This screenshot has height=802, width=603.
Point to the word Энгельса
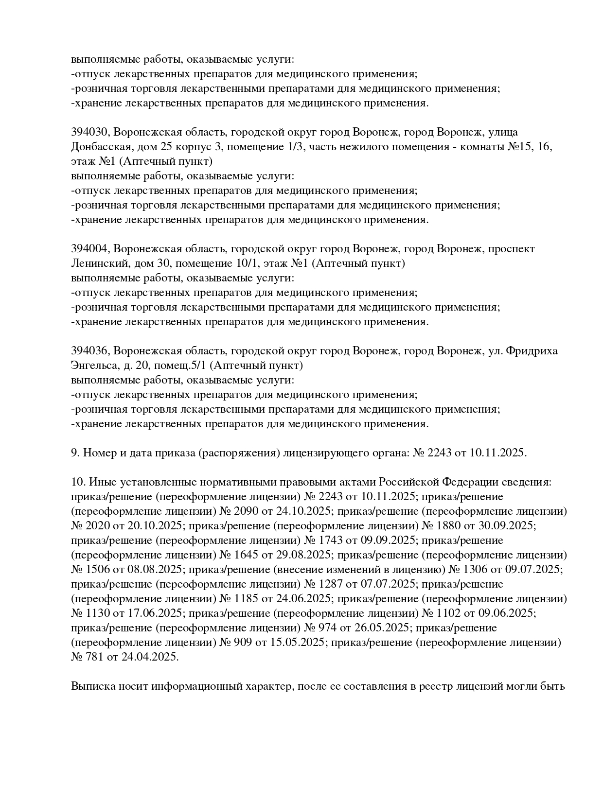click(93, 366)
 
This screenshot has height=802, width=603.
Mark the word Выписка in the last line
click(92, 686)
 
